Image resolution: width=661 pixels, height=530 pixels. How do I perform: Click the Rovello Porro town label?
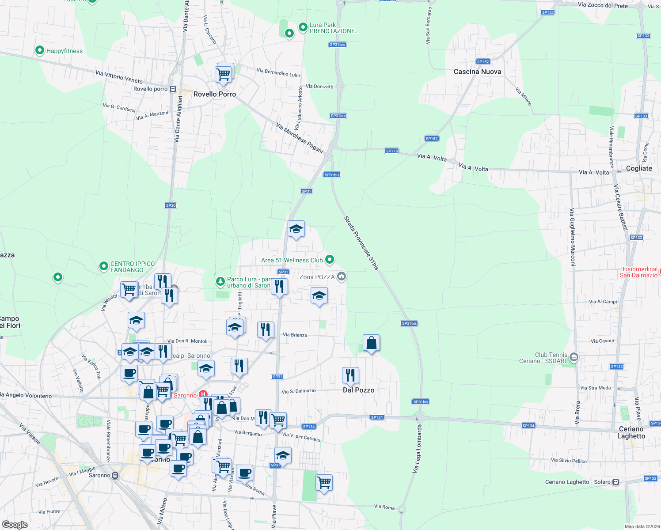215,94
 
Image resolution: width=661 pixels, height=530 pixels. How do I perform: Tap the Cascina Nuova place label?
477,72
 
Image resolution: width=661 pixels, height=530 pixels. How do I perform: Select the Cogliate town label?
639,168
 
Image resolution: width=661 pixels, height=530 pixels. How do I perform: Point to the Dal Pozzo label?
358,390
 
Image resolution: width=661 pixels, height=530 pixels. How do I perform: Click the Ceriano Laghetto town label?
631,432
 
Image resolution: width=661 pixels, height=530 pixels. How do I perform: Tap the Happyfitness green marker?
40,51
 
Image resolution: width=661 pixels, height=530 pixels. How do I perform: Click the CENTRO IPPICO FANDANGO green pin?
104,266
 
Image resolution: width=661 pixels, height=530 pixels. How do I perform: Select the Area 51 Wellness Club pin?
329,260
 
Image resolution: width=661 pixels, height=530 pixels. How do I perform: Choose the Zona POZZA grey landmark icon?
341,277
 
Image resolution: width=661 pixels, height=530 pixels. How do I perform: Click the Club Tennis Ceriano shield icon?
574,357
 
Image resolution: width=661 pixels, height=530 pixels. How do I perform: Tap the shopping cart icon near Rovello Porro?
224,74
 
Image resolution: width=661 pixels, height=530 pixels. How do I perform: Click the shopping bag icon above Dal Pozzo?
371,343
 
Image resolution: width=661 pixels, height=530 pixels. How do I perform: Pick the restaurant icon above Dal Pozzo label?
350,375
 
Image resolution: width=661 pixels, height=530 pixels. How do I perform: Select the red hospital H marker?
203,394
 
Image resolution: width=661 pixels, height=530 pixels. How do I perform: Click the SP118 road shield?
391,151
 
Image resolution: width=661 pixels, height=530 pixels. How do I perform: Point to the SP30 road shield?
171,205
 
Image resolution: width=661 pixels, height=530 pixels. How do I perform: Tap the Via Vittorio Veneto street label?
119,77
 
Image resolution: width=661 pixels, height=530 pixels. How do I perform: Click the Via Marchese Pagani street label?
300,137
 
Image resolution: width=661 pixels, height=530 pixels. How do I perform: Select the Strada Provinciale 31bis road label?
361,243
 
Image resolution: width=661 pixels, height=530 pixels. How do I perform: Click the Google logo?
15,524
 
